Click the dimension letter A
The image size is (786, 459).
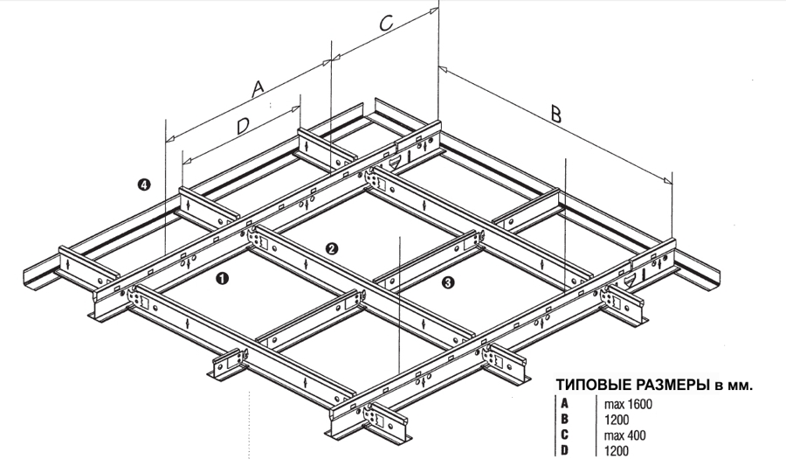click(257, 88)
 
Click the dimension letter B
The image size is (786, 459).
click(556, 114)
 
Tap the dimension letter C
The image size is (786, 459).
click(385, 23)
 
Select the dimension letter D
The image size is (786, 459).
click(243, 126)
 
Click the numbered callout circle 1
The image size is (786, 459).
click(222, 278)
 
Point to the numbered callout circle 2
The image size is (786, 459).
click(331, 248)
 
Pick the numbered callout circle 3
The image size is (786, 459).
click(449, 282)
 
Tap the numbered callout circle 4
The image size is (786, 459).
click(144, 185)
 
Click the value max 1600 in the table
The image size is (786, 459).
click(628, 404)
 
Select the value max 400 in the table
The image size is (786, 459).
click(624, 435)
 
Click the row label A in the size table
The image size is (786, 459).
click(565, 403)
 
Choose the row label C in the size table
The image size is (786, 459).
click(565, 435)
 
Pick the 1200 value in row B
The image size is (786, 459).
click(616, 420)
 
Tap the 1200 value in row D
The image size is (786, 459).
click(616, 450)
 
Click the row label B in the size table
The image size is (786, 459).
click(565, 419)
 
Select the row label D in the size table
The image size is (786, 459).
click(565, 450)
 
